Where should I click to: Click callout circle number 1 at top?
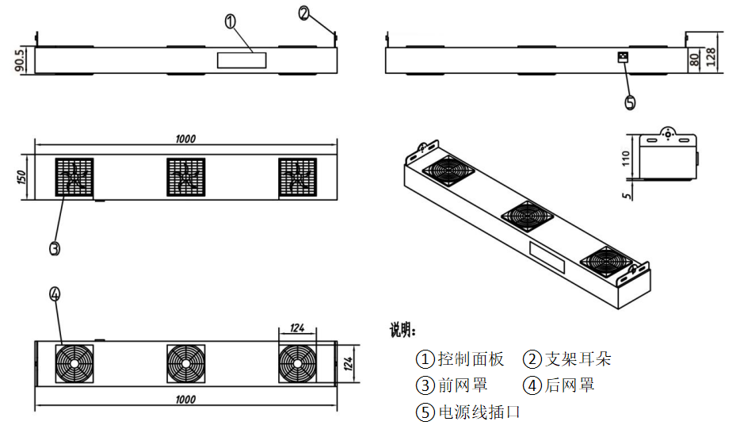pyautogui.click(x=231, y=21)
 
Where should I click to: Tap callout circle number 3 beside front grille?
pyautogui.click(x=54, y=248)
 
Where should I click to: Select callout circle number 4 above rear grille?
pyautogui.click(x=54, y=294)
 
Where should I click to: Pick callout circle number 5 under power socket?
pyautogui.click(x=630, y=102)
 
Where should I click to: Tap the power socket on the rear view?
pyautogui.click(x=624, y=57)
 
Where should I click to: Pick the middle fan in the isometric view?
pyautogui.click(x=526, y=214)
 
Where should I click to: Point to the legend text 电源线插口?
pyautogui.click(x=479, y=412)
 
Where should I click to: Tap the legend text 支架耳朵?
pyautogui.click(x=578, y=359)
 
